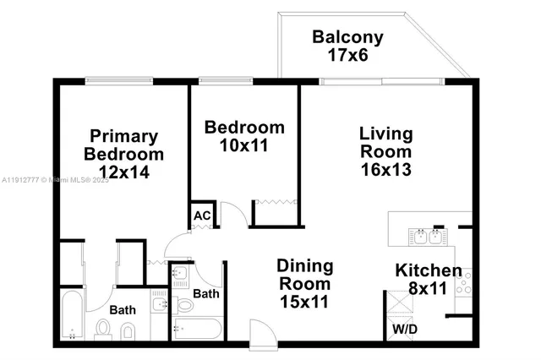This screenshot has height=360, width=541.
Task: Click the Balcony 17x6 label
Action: coord(347,46)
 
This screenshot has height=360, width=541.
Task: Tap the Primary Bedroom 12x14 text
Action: coord(123,155)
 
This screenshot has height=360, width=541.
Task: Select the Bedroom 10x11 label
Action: coord(245,136)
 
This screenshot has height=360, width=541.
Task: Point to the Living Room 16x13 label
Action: coord(385,152)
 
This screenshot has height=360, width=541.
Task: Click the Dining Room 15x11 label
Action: coord(305,283)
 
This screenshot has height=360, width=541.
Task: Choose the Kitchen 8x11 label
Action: coord(429,280)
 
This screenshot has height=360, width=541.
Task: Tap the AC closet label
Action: coord(202,215)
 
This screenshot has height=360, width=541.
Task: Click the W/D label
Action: coord(403,328)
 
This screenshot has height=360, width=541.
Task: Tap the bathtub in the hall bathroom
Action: coord(196,330)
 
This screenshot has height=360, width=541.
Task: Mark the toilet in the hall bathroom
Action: coord(185,305)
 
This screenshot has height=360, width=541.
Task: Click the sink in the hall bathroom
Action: coord(180,276)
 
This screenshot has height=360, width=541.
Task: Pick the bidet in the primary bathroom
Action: coord(128,330)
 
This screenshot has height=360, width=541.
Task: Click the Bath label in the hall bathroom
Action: coord(207,294)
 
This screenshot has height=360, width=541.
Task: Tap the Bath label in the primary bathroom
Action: coord(123,310)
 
